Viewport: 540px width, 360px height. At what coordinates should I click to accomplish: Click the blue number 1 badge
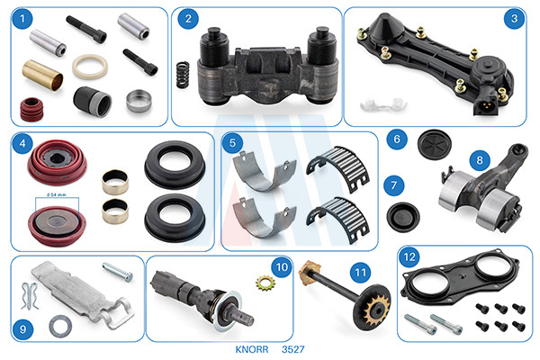(x=22, y=18)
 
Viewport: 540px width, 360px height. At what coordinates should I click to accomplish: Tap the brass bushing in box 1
(x=42, y=75)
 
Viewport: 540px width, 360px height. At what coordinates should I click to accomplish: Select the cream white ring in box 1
(x=90, y=67)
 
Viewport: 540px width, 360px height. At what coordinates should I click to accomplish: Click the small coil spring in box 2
(x=183, y=75)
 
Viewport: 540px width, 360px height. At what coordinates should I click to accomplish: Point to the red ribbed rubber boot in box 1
(x=32, y=110)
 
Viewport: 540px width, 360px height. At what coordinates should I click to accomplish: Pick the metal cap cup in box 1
(x=139, y=101)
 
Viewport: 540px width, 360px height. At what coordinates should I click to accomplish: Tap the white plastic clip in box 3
(x=383, y=104)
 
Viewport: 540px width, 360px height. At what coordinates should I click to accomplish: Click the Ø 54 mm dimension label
(x=57, y=195)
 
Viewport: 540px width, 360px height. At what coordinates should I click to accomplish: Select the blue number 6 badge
(x=397, y=139)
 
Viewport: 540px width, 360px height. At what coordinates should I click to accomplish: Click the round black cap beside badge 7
(x=403, y=217)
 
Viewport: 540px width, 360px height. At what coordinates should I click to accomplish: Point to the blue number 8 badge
(x=480, y=160)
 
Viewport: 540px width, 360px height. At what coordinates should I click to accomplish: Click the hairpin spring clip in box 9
(x=29, y=295)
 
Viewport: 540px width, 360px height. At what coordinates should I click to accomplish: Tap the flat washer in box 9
(x=60, y=326)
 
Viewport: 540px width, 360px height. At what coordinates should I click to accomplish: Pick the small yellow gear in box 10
(x=265, y=283)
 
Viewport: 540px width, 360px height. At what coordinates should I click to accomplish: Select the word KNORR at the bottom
(x=252, y=349)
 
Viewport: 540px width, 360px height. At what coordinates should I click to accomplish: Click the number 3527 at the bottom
(x=293, y=349)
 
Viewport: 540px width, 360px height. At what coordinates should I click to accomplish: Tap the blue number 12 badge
(x=409, y=257)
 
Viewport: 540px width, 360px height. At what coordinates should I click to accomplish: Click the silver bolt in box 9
(x=117, y=272)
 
